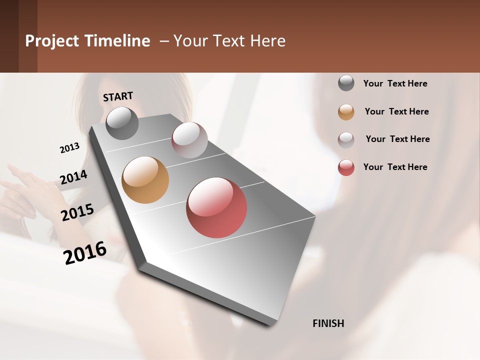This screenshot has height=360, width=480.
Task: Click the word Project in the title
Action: coord(50,41)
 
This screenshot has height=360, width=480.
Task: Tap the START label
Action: coord(118,96)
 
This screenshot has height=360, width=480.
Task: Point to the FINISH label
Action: coord(328,323)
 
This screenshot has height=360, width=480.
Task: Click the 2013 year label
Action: coord(69,148)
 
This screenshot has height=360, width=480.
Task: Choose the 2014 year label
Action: coord(73,177)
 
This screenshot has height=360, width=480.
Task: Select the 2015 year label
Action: coord(77,212)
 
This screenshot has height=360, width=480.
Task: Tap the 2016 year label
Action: coord(85,253)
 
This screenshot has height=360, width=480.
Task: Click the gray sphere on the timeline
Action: coord(122,123)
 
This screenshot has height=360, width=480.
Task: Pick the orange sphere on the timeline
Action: coord(145,180)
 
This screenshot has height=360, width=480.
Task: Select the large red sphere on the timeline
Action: coord(216,207)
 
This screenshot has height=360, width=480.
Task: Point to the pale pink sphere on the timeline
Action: coord(189,140)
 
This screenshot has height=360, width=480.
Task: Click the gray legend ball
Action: coord(346,83)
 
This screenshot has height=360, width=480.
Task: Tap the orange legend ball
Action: coord(346,112)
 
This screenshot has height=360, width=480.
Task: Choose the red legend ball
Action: coord(346,167)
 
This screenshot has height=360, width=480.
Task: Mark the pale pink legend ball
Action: coord(346,139)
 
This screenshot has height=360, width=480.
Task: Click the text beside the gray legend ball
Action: coord(395,84)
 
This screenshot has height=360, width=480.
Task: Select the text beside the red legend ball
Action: coord(395,167)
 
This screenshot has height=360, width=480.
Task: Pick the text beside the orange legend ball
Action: coord(396,111)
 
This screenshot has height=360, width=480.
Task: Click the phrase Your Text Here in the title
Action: coord(229,41)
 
